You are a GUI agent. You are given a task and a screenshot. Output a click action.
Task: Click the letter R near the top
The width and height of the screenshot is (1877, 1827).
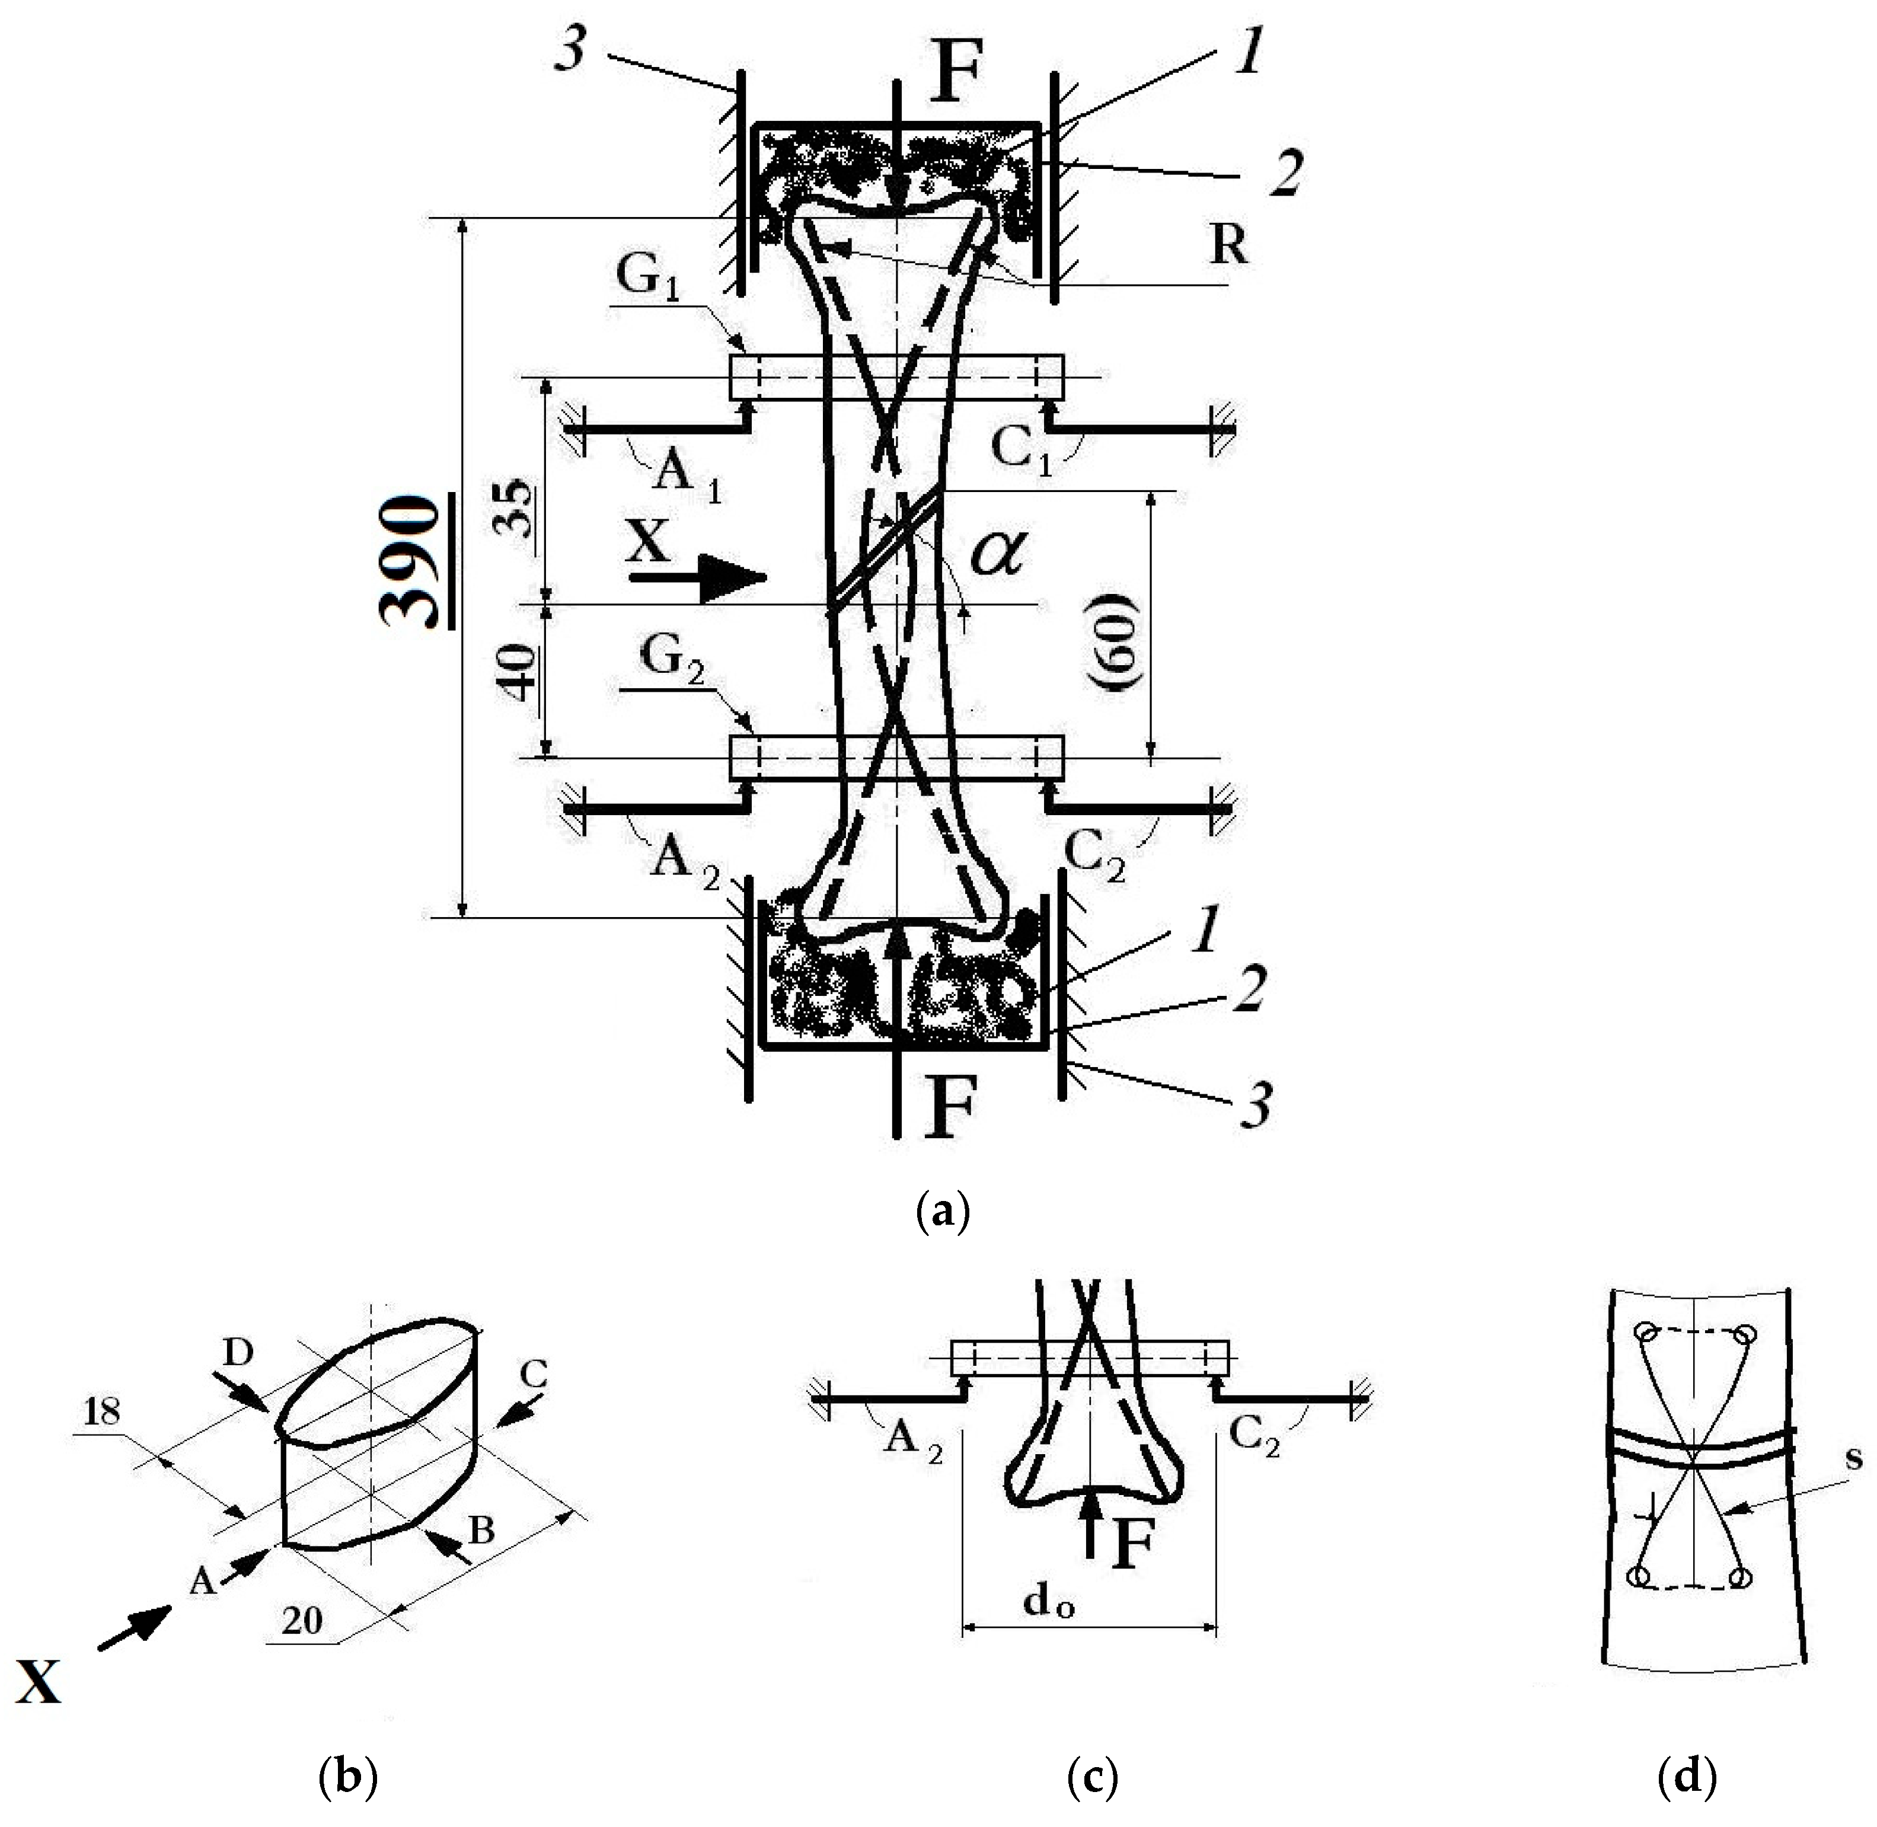pos(1228,245)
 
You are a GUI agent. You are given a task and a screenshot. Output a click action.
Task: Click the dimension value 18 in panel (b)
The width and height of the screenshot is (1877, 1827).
pos(102,1411)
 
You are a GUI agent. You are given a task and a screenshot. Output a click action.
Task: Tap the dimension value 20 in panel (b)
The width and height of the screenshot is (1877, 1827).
pos(301,1621)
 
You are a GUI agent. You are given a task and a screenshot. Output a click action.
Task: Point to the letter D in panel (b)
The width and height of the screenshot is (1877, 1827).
pos(238,1353)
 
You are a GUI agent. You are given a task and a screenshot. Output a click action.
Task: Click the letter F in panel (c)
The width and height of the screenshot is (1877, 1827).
pos(1132,1547)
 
